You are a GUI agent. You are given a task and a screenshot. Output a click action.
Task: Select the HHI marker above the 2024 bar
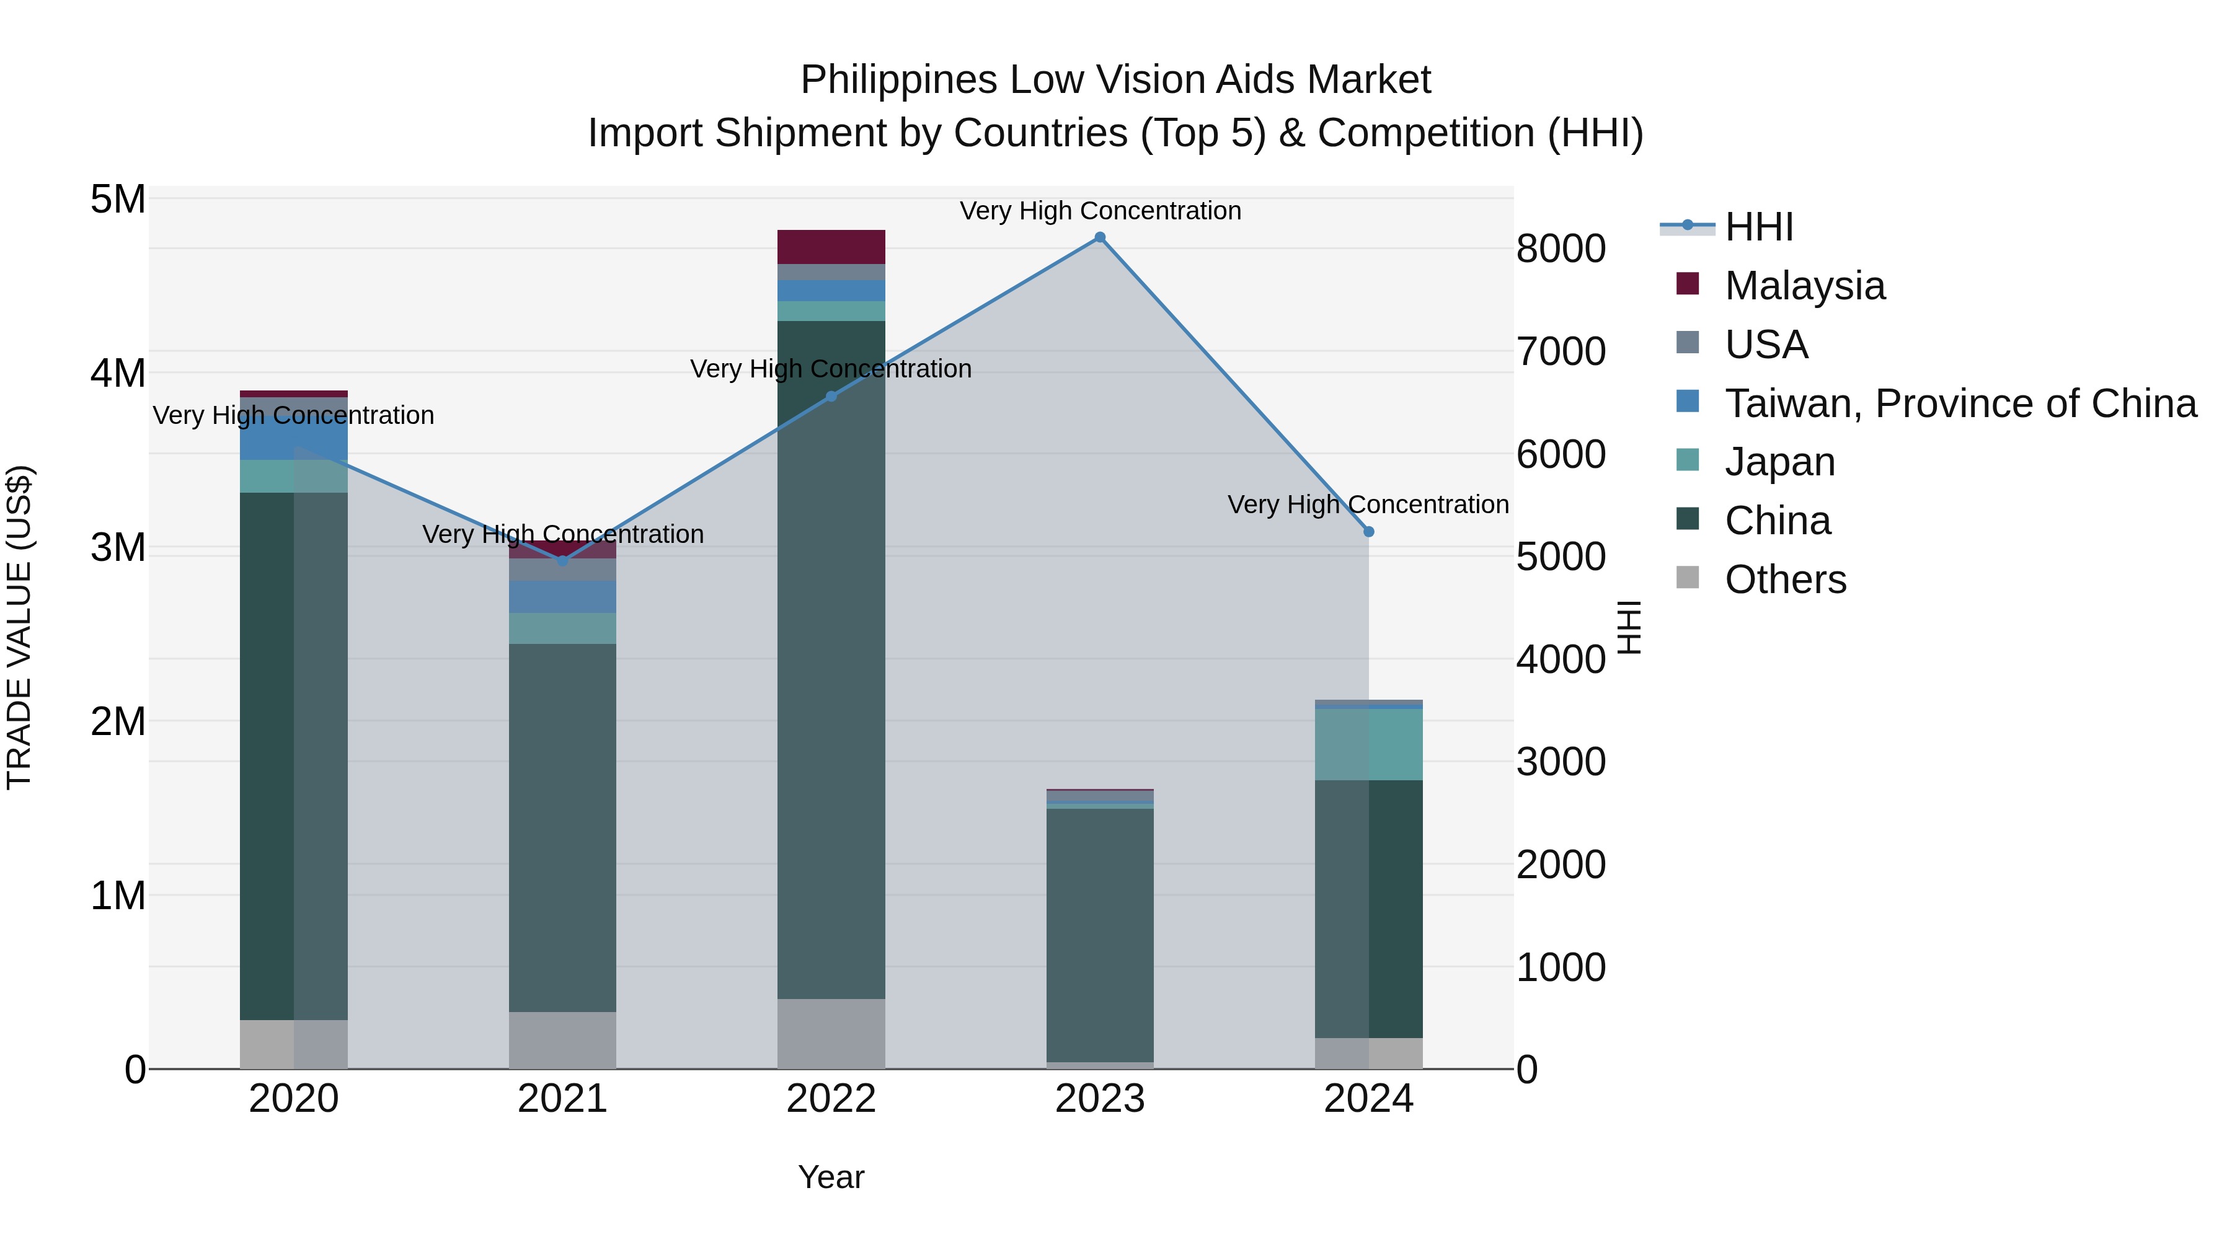pos(1368,532)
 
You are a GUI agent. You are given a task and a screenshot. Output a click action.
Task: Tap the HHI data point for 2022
pos(831,397)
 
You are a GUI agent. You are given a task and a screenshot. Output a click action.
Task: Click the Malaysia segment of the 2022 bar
pos(831,247)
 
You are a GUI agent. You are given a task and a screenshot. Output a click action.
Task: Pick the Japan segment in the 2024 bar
pos(1368,745)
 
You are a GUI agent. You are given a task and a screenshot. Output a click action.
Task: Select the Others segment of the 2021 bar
pos(562,1039)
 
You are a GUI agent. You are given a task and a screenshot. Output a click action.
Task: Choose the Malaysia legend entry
pos(1804,286)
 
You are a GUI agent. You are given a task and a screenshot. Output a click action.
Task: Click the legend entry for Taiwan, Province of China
pos(1960,403)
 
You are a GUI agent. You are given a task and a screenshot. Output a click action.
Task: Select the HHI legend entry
pos(1759,227)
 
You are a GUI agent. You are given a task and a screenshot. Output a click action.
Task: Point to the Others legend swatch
pos(1688,578)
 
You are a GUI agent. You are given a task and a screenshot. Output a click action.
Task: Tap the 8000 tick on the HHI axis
pos(1561,249)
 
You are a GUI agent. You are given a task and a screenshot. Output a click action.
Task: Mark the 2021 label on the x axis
pos(562,1099)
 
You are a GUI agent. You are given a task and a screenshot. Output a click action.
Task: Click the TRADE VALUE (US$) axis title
pos(19,627)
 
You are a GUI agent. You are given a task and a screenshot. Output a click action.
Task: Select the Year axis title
pos(831,1177)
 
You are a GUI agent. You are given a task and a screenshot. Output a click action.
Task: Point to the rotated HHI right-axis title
pos(1629,627)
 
